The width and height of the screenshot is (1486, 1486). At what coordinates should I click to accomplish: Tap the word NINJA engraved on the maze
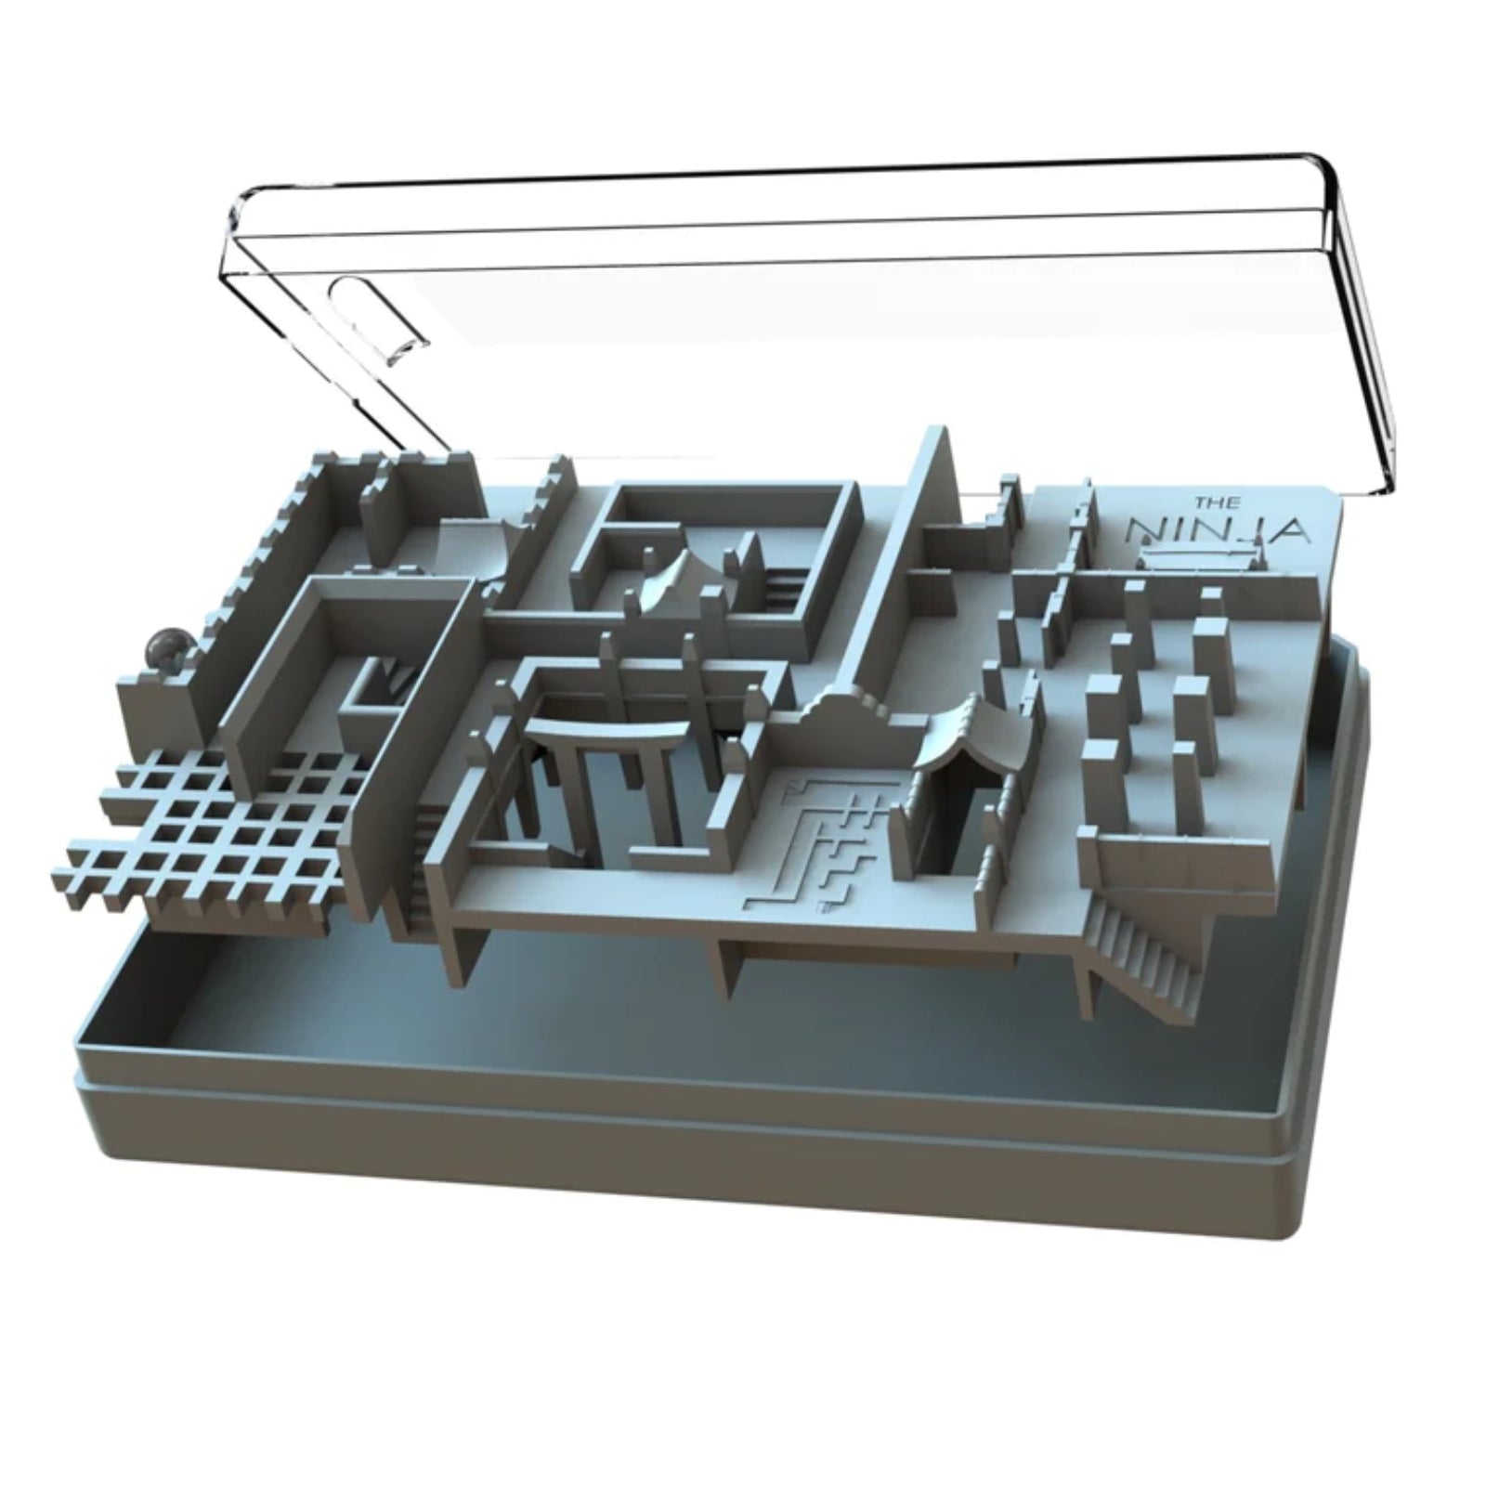[1218, 531]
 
